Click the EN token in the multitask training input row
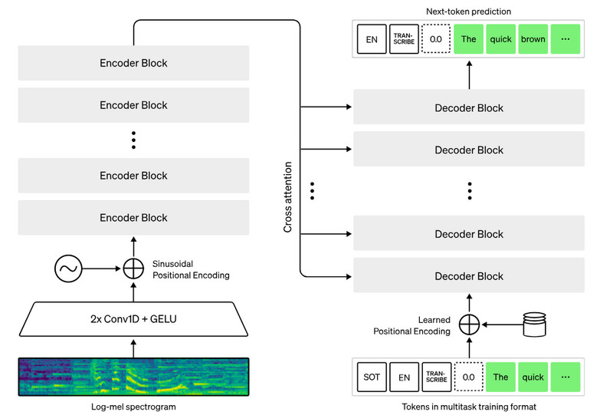tap(405, 377)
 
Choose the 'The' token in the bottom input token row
tap(500, 377)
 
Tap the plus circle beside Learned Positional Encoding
tap(468, 325)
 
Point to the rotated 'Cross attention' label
tap(288, 197)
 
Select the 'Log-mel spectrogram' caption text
tap(134, 406)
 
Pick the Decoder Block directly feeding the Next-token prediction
tap(469, 108)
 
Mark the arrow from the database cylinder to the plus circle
tap(502, 325)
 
